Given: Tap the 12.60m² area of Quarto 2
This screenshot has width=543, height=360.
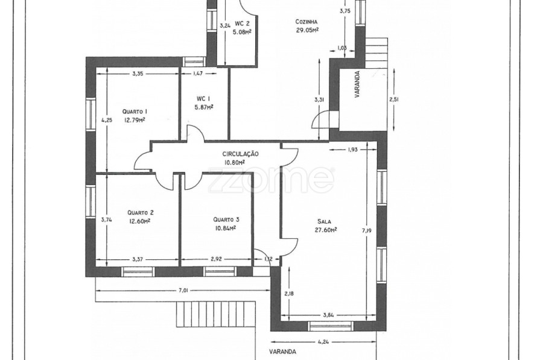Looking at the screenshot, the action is tap(139, 221).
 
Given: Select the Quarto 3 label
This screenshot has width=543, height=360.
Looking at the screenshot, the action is tap(226, 219).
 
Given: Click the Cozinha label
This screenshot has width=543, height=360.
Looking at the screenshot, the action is tap(306, 22).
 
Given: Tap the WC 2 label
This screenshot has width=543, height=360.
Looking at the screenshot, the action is tap(242, 24).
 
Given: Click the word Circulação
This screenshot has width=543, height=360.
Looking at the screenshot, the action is tap(240, 154).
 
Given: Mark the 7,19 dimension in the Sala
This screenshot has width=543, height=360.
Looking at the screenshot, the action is tap(366, 230).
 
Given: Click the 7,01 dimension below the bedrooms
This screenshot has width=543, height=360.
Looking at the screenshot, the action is tap(183, 291).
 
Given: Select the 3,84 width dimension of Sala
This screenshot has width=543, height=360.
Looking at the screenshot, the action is tap(328, 315).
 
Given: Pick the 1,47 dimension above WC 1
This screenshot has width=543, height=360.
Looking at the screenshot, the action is tap(197, 73).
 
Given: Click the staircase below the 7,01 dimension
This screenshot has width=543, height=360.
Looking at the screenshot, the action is tap(216, 314).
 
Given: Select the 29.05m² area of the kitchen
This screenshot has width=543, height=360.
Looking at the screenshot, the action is tap(307, 30).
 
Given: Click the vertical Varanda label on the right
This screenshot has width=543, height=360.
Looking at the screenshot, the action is tap(357, 84).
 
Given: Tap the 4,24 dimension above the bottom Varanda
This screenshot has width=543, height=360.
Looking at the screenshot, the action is tap(323, 342).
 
